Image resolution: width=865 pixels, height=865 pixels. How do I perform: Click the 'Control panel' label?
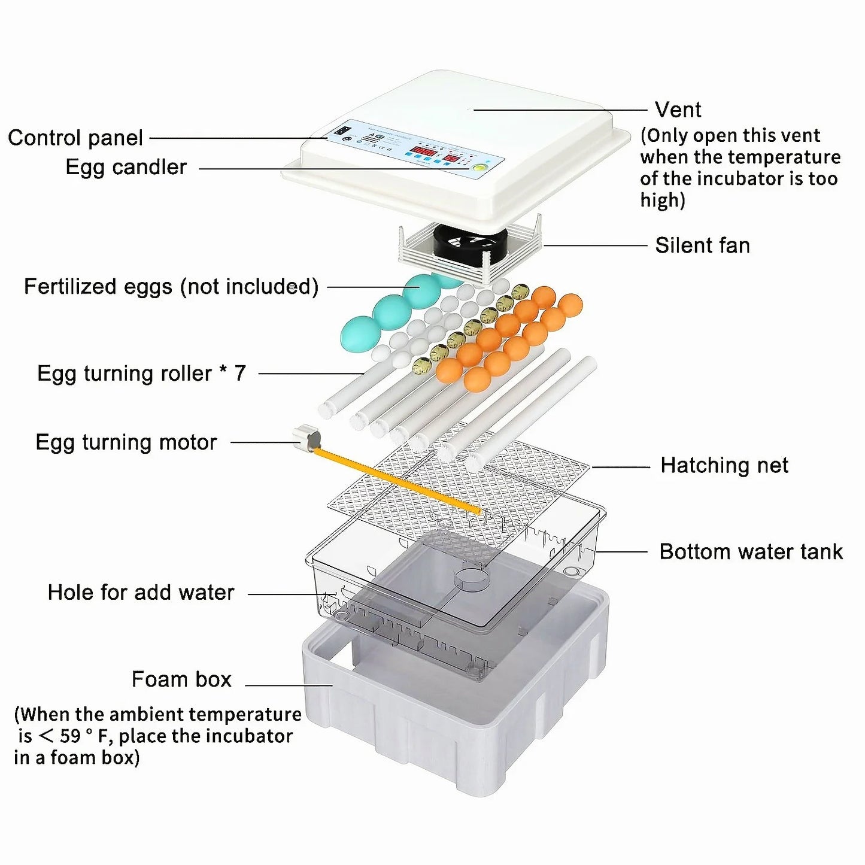coord(75,138)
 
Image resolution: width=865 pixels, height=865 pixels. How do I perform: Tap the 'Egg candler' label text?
coord(126,167)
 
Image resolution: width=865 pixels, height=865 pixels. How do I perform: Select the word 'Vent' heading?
coord(678,110)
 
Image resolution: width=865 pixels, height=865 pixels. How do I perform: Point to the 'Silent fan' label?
coord(702,245)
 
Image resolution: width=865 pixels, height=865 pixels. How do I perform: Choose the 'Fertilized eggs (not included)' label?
coord(171,286)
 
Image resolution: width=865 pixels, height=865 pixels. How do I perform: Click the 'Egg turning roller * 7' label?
coord(141,373)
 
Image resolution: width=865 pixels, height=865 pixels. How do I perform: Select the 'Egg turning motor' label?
coord(126,442)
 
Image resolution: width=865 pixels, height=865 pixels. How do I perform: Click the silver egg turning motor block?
coord(306,436)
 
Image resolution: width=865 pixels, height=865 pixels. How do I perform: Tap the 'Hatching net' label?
coord(724,465)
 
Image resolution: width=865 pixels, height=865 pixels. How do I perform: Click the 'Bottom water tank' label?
coord(751,551)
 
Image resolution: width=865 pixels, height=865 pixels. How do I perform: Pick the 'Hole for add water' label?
coord(141,593)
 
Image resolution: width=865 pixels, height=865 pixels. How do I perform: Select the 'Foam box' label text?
coord(181,679)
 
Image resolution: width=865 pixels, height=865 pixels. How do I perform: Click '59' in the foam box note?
coord(71,736)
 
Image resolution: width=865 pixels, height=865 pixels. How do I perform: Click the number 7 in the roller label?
coord(239,373)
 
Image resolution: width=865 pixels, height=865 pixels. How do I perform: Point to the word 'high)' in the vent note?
coord(662,200)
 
